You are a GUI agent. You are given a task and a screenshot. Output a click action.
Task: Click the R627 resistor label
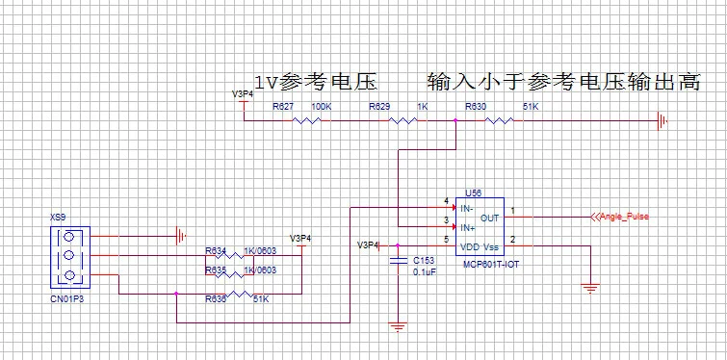coord(283,107)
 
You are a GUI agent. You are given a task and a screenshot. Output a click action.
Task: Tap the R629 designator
coord(380,107)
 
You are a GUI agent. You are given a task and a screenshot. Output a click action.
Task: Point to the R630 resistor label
coord(476,107)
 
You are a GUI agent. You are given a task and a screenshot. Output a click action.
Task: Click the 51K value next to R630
coord(530,107)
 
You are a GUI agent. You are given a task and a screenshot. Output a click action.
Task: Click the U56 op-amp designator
coord(472,193)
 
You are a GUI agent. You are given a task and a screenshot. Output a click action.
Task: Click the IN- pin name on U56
coord(468,208)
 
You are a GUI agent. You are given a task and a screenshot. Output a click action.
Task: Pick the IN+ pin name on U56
coord(468,228)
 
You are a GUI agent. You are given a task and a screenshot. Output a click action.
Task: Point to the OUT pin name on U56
coord(490,218)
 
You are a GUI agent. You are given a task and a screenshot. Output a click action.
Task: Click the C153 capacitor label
coord(423,260)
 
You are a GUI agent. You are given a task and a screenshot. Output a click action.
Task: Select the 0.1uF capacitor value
coord(425,272)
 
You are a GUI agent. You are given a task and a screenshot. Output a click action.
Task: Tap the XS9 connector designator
coord(58,219)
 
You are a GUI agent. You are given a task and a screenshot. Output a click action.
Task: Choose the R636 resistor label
coord(216,299)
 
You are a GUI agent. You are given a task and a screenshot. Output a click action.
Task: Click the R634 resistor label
coord(215,251)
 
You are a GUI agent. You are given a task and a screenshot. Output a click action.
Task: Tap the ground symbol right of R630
coord(662,120)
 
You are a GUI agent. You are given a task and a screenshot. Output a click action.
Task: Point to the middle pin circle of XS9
coord(68,256)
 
